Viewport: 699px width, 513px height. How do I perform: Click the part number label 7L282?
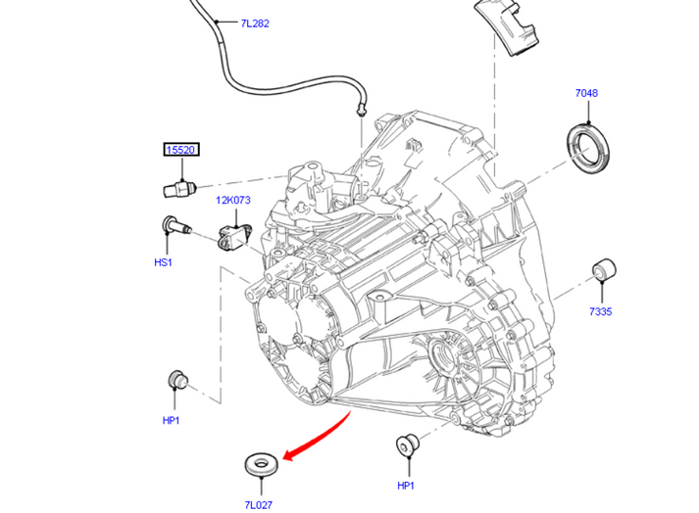click(x=254, y=23)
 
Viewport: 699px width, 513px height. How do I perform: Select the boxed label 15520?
click(x=180, y=150)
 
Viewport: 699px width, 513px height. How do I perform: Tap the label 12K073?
click(x=234, y=201)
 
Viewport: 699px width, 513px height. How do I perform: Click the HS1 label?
click(x=163, y=262)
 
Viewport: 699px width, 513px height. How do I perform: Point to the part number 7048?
click(x=586, y=94)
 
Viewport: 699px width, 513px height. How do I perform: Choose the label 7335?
click(x=601, y=311)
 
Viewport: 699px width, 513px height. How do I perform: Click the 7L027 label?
click(x=259, y=505)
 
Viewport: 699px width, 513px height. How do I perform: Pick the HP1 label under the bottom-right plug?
click(x=407, y=486)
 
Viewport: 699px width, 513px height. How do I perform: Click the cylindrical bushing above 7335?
click(x=604, y=269)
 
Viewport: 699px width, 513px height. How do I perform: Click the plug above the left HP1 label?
click(x=175, y=380)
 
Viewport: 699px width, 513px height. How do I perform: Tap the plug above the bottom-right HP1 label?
click(x=404, y=445)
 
